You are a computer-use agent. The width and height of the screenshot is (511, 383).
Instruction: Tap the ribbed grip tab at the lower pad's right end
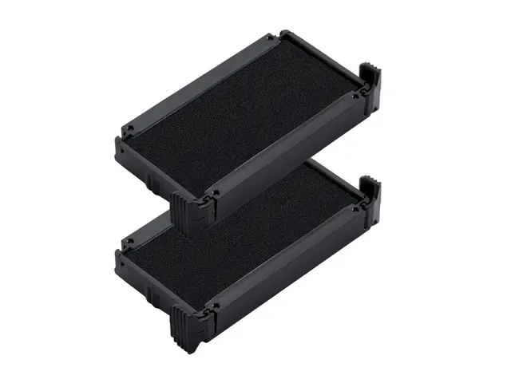tap(371, 199)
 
